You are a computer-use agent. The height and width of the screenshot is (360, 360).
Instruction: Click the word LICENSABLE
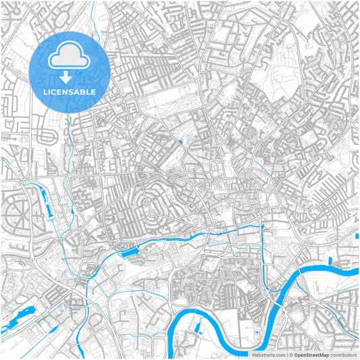(70, 91)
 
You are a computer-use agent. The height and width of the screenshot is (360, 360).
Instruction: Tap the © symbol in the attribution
(290, 354)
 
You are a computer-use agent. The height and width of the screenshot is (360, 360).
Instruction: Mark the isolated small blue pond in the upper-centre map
(182, 141)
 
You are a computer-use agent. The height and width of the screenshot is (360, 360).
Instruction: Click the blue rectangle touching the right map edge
(357, 236)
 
